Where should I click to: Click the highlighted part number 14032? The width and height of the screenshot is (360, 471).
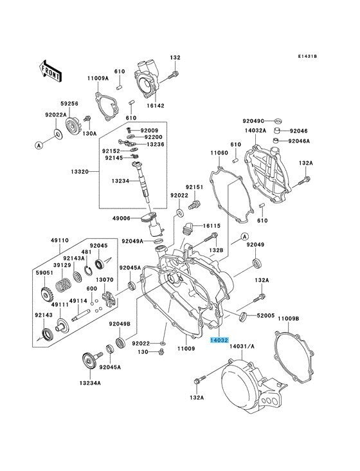tap(219, 340)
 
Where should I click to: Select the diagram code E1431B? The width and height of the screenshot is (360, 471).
tap(307, 56)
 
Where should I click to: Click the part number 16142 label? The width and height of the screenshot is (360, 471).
tap(156, 106)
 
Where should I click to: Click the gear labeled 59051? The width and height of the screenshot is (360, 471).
tap(46, 295)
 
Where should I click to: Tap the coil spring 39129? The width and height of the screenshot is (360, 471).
tap(64, 285)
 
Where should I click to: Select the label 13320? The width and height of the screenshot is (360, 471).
tap(80, 172)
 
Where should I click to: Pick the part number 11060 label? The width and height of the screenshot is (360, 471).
tap(219, 153)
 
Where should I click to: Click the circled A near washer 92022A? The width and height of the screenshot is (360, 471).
tap(38, 145)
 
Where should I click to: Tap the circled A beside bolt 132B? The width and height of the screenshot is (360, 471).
tap(244, 236)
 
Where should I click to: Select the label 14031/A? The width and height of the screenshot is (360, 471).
tap(242, 346)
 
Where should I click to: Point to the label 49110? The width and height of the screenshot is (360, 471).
tap(59, 240)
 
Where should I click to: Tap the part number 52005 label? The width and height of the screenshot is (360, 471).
tap(265, 315)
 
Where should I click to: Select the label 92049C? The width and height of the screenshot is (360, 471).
tap(253, 121)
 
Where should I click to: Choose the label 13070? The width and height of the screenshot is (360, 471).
tap(105, 280)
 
